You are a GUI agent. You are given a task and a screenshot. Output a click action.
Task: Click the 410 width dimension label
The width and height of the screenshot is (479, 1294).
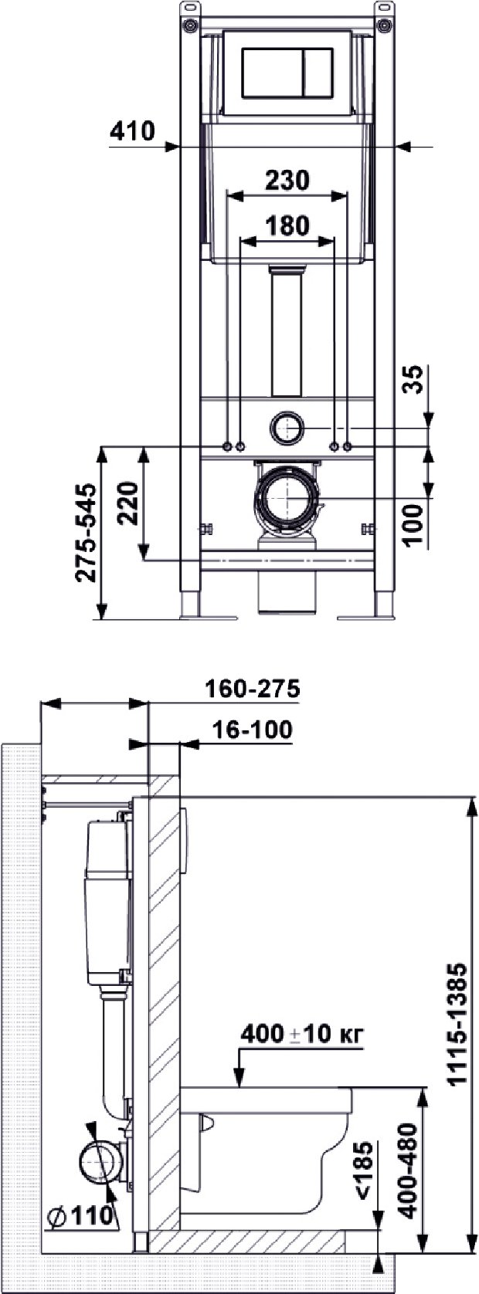[x=131, y=132]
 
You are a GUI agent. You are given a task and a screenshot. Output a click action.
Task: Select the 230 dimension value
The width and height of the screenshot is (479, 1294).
[x=287, y=180]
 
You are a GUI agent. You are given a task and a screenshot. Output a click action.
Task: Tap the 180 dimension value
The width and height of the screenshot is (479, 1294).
[x=287, y=225]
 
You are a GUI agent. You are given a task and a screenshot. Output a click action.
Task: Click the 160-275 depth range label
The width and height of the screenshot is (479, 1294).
[x=252, y=688]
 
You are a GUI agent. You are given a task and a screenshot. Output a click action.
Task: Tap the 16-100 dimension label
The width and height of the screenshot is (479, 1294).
[x=252, y=730]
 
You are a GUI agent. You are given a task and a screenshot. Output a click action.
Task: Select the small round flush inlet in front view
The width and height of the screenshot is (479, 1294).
[x=288, y=425]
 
